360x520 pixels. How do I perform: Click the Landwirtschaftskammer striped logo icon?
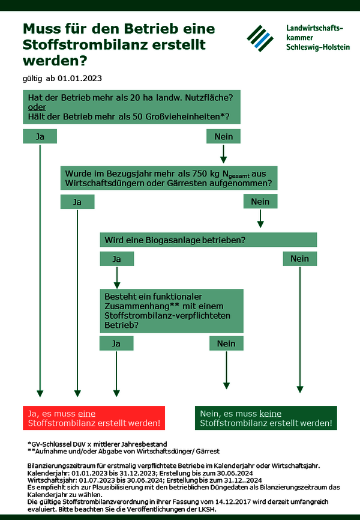click(x=260, y=38)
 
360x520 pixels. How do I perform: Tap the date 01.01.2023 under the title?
click(x=80, y=79)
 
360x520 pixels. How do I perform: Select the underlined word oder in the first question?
click(x=37, y=107)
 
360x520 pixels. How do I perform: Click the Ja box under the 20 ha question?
click(x=40, y=136)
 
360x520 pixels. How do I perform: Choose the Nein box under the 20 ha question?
click(x=223, y=136)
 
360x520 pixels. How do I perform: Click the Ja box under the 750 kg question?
click(x=77, y=202)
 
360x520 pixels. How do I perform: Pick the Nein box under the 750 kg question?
click(x=260, y=201)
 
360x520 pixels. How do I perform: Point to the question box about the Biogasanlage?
click(x=208, y=240)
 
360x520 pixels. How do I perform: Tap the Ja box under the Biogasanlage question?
click(x=116, y=259)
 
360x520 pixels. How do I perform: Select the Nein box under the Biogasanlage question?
click(x=299, y=259)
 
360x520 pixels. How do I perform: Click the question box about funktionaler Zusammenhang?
click(x=172, y=311)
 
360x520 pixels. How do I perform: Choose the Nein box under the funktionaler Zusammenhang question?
click(x=226, y=343)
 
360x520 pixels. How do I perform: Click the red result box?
click(x=94, y=418)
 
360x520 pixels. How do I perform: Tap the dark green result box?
click(x=266, y=418)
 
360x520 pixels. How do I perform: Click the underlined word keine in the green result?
click(x=270, y=414)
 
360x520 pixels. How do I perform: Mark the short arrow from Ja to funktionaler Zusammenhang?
click(x=116, y=277)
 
